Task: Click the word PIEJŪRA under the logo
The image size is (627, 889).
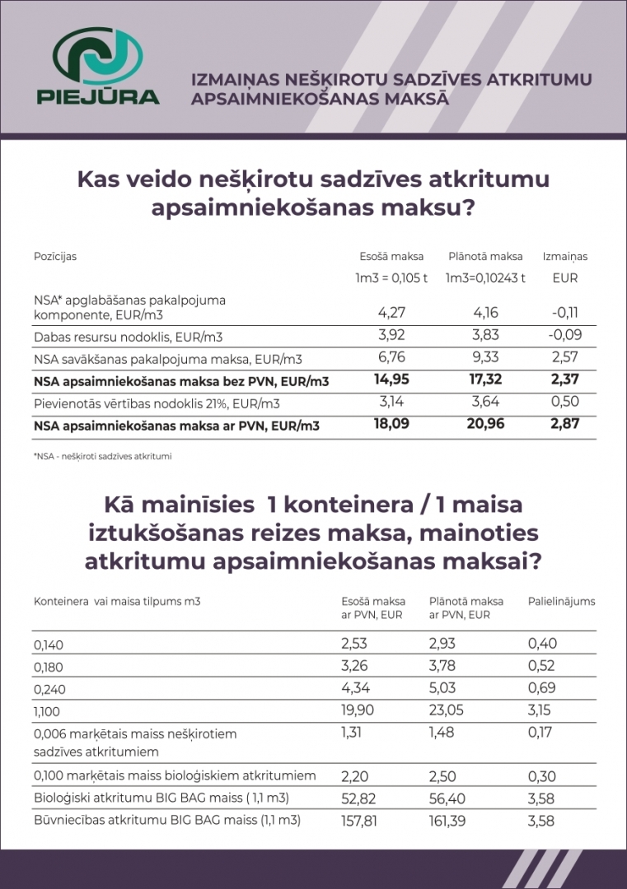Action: pos(99,95)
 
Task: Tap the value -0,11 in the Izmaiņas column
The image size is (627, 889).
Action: pos(565,313)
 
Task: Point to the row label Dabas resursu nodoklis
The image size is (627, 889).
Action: pos(129,337)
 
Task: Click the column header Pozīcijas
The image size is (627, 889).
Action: pos(55,256)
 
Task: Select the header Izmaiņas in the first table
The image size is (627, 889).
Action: pos(565,256)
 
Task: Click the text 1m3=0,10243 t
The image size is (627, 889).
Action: pos(485,278)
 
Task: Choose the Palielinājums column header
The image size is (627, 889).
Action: pos(561,601)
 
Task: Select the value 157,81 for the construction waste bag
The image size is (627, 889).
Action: pos(362,821)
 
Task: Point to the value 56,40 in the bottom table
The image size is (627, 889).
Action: pos(448,798)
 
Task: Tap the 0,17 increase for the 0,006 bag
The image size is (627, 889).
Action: pos(541,732)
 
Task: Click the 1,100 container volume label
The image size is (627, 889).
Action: pos(49,710)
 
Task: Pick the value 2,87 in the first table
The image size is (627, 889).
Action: pos(565,425)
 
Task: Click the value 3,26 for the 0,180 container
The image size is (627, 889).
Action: pos(356,665)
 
